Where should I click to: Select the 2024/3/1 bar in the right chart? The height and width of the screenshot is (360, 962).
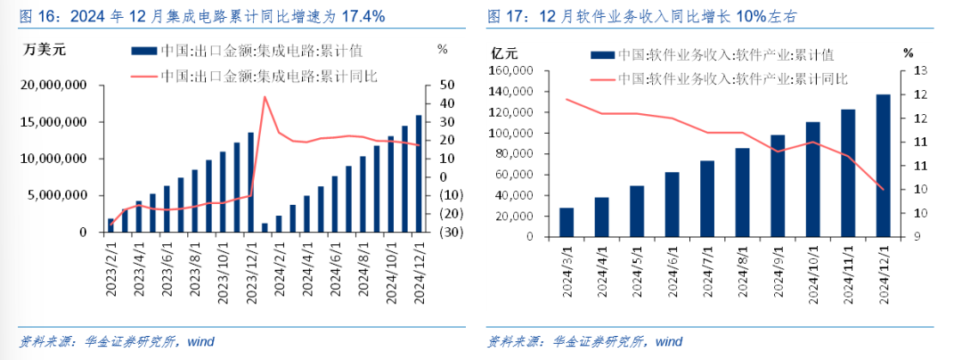(x=567, y=223)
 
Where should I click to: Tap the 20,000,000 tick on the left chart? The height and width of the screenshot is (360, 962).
(x=58, y=86)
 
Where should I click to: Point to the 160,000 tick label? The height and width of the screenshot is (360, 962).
(x=510, y=70)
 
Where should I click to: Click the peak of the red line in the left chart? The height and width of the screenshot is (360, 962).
(x=265, y=96)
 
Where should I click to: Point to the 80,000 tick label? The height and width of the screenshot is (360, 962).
(x=514, y=154)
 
